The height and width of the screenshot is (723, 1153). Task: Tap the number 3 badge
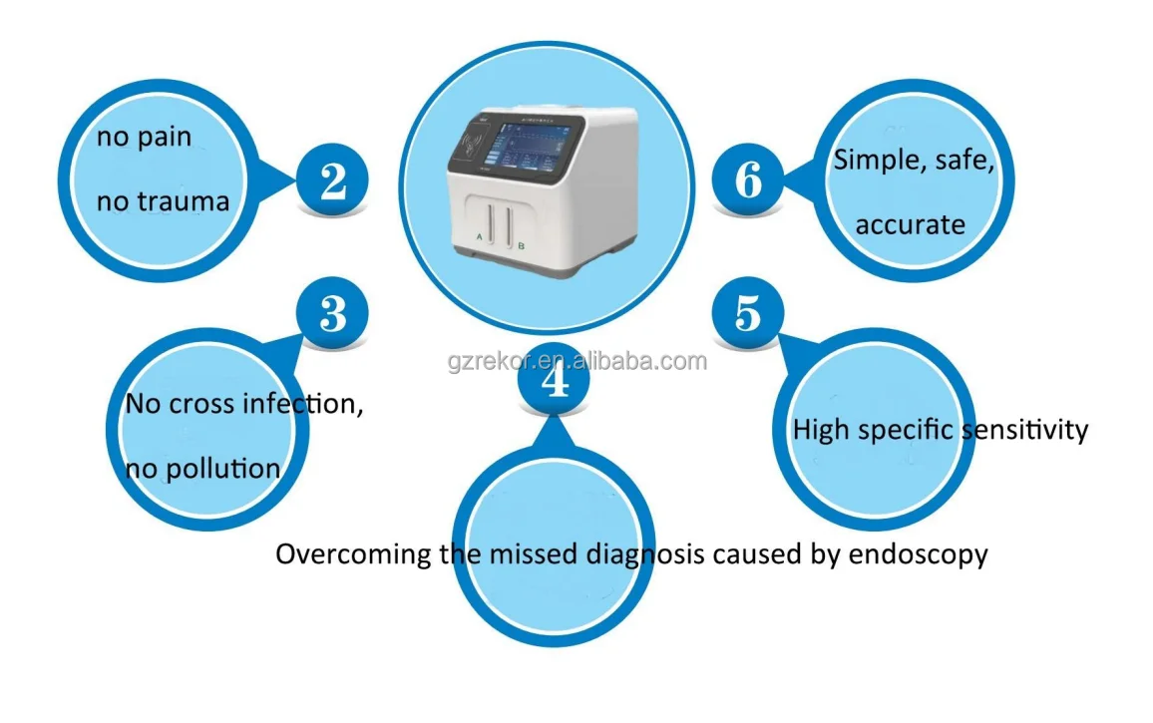(x=333, y=315)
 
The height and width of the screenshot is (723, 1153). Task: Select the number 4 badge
(x=557, y=383)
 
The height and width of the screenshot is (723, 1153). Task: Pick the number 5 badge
(x=747, y=315)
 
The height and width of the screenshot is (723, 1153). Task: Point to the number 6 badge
(x=747, y=181)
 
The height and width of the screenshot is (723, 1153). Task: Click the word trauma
(x=188, y=202)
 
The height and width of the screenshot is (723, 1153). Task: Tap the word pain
(x=160, y=137)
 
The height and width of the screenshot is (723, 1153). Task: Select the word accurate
(x=911, y=224)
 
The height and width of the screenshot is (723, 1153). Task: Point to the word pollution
(x=220, y=468)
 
